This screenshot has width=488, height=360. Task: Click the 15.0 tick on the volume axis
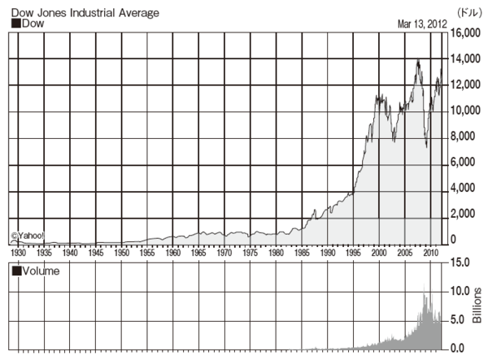[461, 262]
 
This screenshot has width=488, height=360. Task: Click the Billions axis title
[477, 305]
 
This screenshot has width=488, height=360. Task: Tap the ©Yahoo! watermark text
[28, 236]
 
